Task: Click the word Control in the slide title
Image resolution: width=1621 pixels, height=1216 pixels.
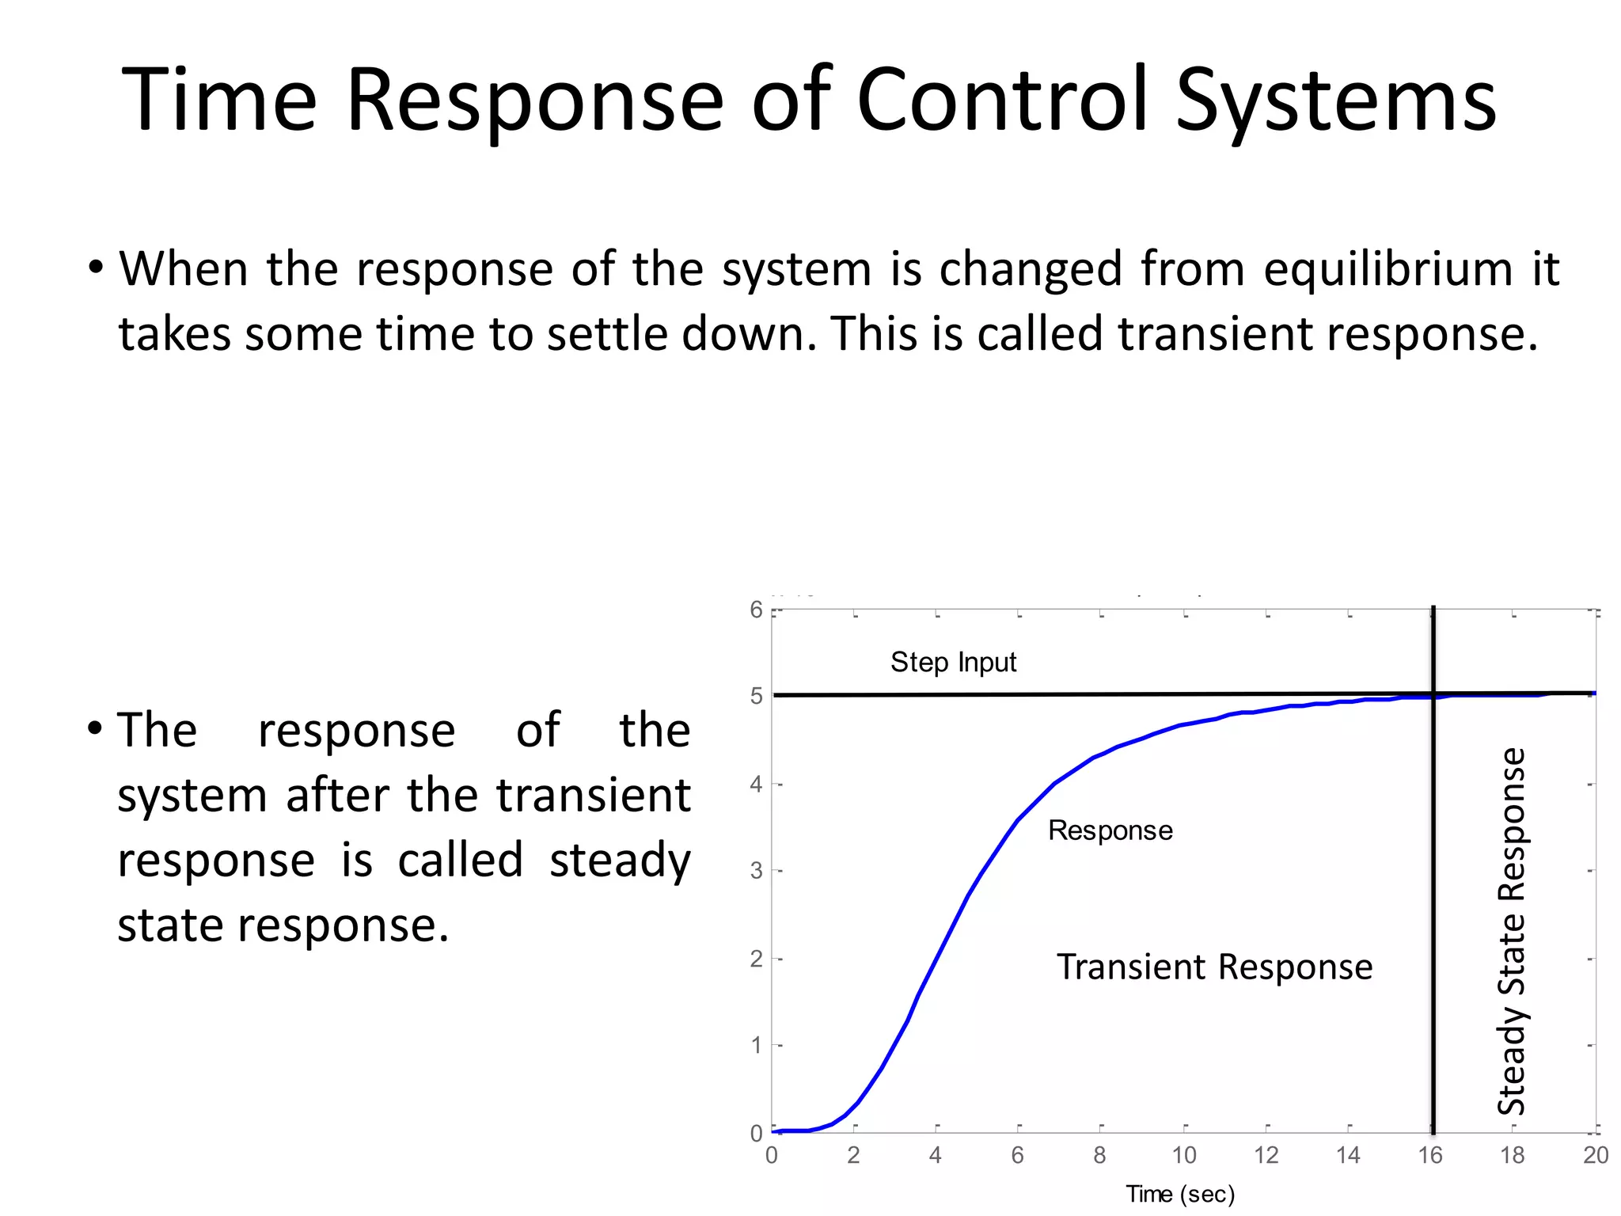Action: (x=1002, y=101)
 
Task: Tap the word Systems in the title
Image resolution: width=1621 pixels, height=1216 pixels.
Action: (x=1336, y=101)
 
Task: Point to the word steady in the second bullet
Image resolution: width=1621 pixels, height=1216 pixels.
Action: (x=620, y=860)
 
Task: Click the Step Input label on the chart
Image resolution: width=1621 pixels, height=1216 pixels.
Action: (x=953, y=662)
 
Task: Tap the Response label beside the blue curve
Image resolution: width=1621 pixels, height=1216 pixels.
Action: (x=1110, y=830)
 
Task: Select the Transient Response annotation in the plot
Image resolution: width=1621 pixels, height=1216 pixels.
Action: (x=1214, y=967)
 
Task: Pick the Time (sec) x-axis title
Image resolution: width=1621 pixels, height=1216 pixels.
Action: (x=1180, y=1194)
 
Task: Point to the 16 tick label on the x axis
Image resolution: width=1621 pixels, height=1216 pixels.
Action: (x=1430, y=1156)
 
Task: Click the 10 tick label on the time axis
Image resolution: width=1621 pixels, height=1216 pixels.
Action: (x=1184, y=1156)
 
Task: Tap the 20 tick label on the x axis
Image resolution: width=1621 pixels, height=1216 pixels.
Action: (x=1595, y=1156)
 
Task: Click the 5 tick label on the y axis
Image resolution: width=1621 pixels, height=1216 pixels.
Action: (x=757, y=696)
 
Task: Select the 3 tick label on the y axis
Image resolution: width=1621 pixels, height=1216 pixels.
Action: (x=757, y=871)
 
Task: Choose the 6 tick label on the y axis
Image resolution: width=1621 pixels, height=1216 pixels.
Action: (x=757, y=610)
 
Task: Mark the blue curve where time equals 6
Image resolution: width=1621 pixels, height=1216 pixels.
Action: (x=1018, y=820)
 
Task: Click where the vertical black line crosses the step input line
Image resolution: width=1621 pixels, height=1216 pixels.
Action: (x=1433, y=694)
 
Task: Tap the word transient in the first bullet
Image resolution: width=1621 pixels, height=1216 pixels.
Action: (x=1217, y=333)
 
